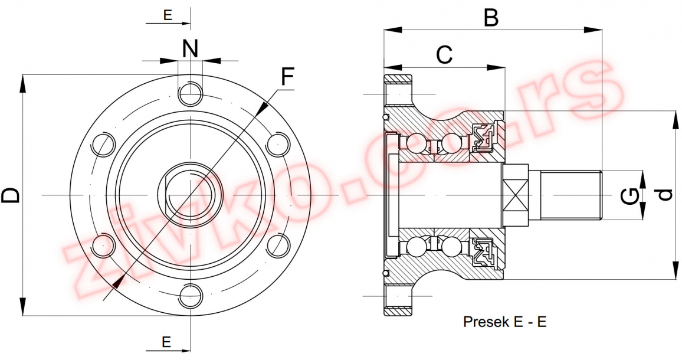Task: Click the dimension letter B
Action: point(491,17)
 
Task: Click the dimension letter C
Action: point(444,55)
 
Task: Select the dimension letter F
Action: point(287,77)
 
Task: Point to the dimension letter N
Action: point(189,49)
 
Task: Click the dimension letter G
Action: point(631,195)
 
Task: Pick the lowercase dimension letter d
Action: point(665,194)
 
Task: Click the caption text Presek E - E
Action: point(504,322)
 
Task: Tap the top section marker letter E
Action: point(168,15)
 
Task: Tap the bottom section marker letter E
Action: point(167,342)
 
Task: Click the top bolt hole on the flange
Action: point(190,92)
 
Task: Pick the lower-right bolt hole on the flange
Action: point(277,244)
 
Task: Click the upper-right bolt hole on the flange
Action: point(277,143)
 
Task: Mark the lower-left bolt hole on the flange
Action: point(104,244)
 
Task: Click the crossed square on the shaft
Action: point(514,195)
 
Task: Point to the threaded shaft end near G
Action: point(571,195)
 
